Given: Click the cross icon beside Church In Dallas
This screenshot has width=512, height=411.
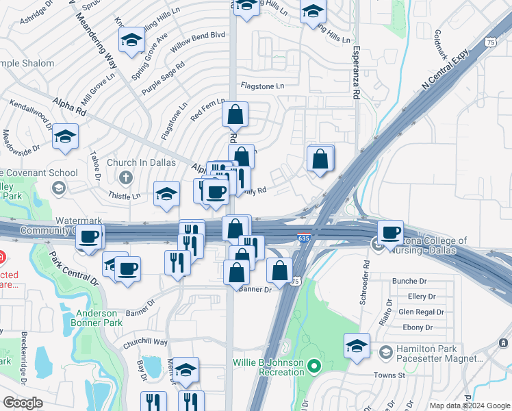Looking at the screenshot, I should (x=125, y=178).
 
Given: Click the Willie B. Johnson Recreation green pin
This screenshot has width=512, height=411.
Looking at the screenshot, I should (x=314, y=366).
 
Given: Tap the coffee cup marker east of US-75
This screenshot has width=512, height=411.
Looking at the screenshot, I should (x=390, y=233).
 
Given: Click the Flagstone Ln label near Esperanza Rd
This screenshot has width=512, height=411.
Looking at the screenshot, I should (x=261, y=86).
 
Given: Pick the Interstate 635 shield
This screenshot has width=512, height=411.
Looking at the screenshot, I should (x=304, y=238).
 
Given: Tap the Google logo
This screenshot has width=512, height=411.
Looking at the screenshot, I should (x=22, y=402).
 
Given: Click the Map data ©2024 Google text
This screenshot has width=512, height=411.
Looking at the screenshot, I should (x=470, y=406).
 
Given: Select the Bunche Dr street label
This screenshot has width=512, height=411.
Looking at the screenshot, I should (x=409, y=281).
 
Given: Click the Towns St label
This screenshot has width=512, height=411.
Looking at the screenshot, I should (x=389, y=375).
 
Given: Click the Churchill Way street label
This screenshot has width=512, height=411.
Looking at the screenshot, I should (x=145, y=341).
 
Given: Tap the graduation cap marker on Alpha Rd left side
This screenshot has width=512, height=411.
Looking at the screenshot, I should (x=66, y=136).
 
